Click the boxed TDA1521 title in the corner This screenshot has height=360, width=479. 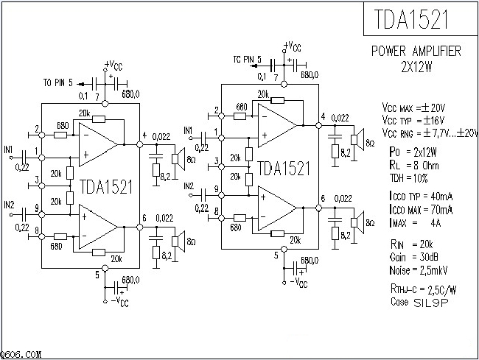click(x=416, y=19)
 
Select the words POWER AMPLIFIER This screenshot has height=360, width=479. click(x=416, y=51)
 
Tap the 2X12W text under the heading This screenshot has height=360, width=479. click(x=416, y=65)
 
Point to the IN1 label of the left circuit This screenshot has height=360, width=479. click(x=8, y=149)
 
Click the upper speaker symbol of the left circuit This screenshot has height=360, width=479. click(x=178, y=156)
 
